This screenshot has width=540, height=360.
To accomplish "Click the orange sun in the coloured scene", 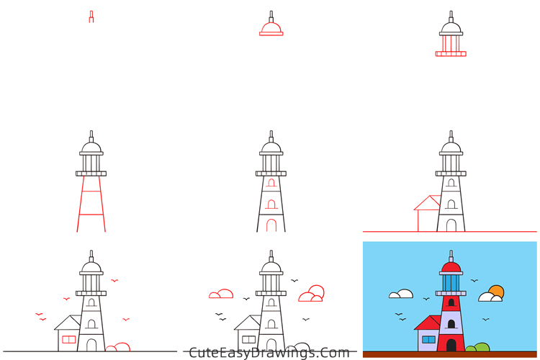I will pos(496,291).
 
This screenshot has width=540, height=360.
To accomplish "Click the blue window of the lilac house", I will pos(428,339).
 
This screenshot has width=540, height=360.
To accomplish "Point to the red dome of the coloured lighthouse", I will pos(451,268).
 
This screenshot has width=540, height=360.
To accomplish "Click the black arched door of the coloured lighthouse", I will pos(451,346).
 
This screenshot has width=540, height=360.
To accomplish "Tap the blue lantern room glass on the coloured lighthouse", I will pos(451,282).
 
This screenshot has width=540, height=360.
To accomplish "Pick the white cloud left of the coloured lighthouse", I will pos(400,294).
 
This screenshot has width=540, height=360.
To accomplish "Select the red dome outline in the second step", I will pos(271,28).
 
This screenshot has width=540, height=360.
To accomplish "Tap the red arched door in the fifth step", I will pos(271,225).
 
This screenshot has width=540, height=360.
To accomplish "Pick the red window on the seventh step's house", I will pos(68,339).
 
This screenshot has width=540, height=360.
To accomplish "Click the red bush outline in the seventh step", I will pos(118,348).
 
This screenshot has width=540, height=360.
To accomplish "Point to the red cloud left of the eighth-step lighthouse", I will pos(221,294).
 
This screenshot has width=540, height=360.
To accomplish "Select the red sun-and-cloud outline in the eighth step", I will pos(312,293).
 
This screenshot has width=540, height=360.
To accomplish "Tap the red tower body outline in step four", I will pos(91,205).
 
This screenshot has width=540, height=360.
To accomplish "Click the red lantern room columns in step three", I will pos(451,43).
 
